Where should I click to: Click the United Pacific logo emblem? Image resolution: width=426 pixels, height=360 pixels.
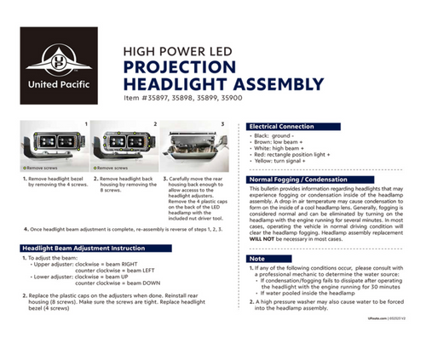(58, 62)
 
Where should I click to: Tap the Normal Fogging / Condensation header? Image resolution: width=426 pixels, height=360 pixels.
(300, 180)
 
